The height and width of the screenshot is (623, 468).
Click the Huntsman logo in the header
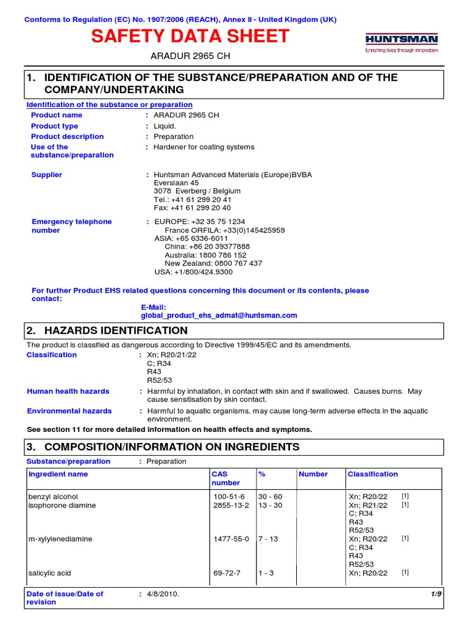point(401,43)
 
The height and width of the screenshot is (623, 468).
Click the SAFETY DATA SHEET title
point(190,37)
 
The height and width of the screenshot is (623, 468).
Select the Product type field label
point(54,126)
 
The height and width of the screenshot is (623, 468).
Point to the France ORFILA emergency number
point(224,231)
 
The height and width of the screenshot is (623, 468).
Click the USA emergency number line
point(193,272)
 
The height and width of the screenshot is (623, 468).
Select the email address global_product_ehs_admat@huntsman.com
point(219,315)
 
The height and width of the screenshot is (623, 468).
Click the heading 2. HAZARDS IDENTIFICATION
point(107,331)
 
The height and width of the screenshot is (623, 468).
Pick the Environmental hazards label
point(69,411)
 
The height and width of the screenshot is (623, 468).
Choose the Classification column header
point(372,474)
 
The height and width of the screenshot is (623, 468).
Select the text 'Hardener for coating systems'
point(204,147)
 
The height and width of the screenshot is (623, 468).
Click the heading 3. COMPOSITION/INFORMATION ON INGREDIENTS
point(163,447)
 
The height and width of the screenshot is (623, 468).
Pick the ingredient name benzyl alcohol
point(53,497)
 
